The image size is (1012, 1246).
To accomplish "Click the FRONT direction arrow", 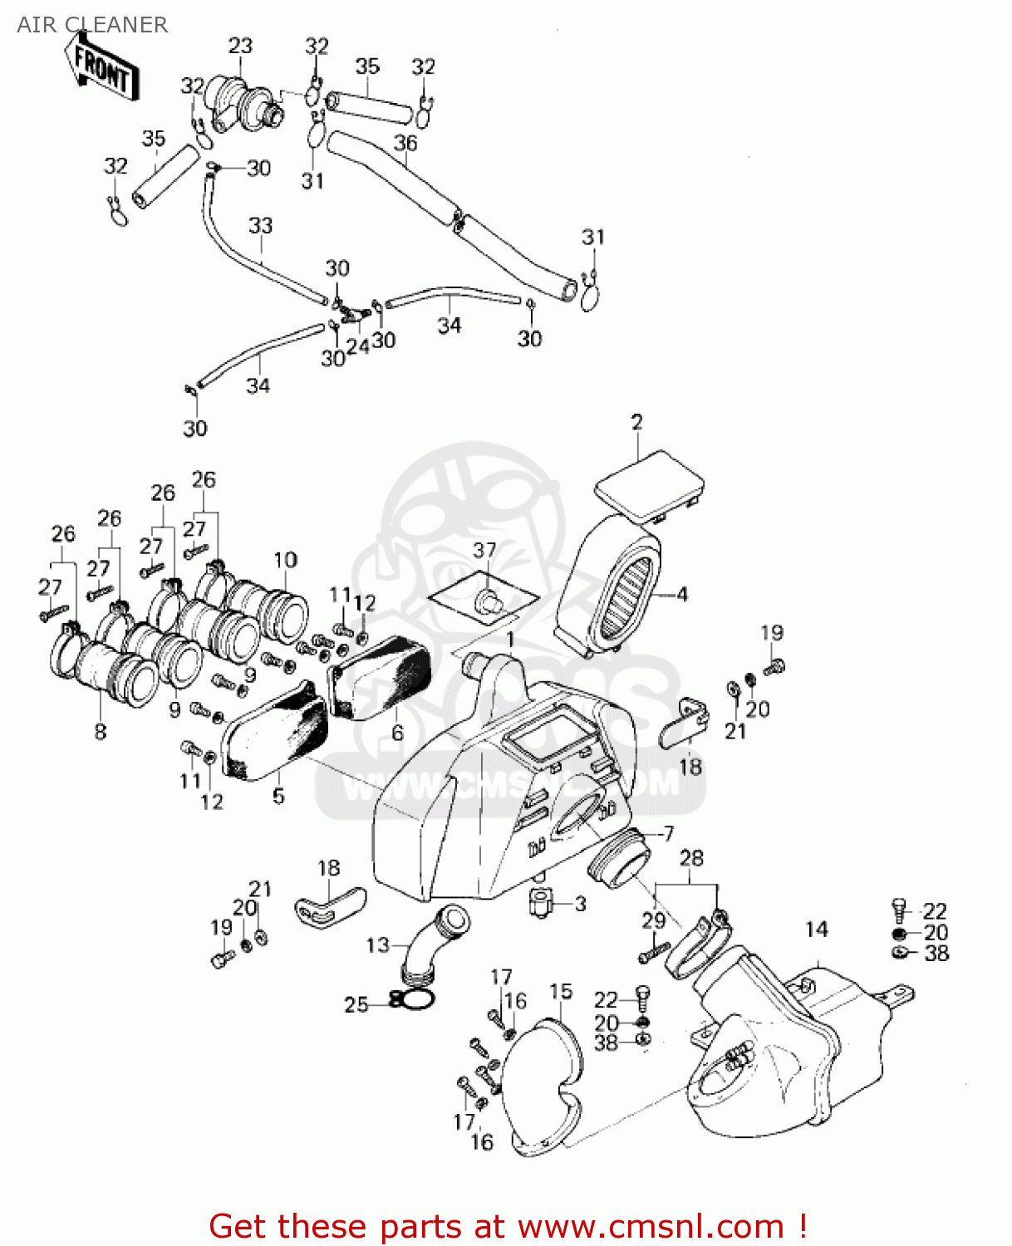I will (x=102, y=69).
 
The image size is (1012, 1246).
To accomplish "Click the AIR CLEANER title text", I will (x=92, y=25).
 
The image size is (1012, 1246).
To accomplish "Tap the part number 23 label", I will (x=240, y=46).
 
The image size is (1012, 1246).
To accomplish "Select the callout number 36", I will (x=405, y=143).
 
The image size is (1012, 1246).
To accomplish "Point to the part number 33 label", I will (x=260, y=225).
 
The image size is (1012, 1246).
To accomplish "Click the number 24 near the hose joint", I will (x=357, y=346).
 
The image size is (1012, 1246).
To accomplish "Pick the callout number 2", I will (x=636, y=422).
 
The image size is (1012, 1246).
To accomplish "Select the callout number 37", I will (x=484, y=550).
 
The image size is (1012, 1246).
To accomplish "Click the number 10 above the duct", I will (x=285, y=560).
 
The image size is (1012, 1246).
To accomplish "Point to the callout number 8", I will (x=101, y=732).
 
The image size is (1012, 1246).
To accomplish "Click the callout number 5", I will (x=278, y=796).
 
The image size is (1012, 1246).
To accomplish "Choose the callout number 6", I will (x=397, y=733).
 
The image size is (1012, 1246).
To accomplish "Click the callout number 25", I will (x=356, y=1005).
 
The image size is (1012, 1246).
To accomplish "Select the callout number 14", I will (x=817, y=929).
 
